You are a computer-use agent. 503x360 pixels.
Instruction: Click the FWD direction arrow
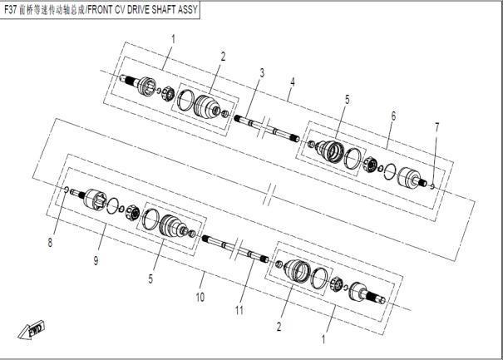click(x=32, y=329)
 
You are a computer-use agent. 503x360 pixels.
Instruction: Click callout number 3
click(x=262, y=73)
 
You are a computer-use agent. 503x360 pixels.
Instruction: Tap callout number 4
click(x=293, y=82)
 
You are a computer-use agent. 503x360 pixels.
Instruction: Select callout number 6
click(x=393, y=116)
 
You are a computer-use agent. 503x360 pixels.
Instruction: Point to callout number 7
click(x=436, y=127)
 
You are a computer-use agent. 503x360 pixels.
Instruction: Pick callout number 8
click(x=50, y=243)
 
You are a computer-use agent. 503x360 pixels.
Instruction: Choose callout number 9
click(x=96, y=260)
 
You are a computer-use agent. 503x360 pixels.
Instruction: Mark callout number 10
click(x=200, y=297)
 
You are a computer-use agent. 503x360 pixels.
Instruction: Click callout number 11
click(x=239, y=310)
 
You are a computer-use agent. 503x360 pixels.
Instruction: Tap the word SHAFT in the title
click(x=164, y=10)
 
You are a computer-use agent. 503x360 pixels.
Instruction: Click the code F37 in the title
click(x=10, y=10)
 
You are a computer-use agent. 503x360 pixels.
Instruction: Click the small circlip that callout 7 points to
click(x=432, y=186)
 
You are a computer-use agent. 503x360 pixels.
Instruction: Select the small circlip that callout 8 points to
click(x=67, y=190)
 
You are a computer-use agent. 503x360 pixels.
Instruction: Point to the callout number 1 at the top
click(x=173, y=39)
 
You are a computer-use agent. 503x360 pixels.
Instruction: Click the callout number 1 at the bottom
click(x=323, y=339)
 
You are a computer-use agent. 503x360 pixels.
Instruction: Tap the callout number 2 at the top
click(x=223, y=57)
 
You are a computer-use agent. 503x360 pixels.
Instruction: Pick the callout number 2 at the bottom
click(x=279, y=327)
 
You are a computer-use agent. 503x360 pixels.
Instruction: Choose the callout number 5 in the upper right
click(x=347, y=100)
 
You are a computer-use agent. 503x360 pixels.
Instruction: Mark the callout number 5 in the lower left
click(x=150, y=279)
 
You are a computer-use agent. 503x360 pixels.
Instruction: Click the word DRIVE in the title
click(x=138, y=10)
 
